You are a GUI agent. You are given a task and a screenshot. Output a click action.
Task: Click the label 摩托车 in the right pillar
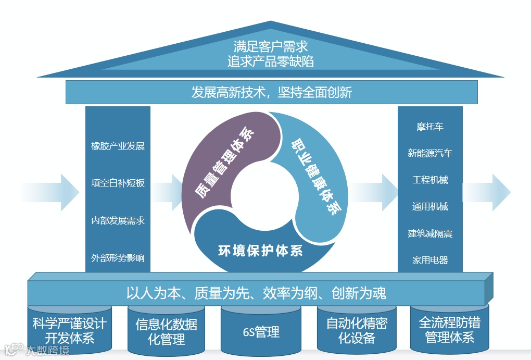tap(430, 127)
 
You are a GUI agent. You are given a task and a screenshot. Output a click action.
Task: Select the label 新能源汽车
tap(430, 153)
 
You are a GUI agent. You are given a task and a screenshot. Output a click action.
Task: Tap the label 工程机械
tap(430, 180)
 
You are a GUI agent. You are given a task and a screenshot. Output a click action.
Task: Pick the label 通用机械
tap(430, 206)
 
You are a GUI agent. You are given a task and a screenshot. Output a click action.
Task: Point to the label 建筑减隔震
tap(430, 233)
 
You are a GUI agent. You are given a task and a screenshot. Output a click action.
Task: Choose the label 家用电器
tap(430, 260)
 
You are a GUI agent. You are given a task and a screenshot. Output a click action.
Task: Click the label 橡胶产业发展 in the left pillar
tap(118, 146)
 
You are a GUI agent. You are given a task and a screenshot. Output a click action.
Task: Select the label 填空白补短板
tap(118, 183)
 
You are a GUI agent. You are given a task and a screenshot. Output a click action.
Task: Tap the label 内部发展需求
tap(118, 220)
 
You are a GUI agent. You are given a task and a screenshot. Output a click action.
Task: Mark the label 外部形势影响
tap(118, 258)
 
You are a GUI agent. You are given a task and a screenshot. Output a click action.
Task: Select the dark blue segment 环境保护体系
tap(260, 250)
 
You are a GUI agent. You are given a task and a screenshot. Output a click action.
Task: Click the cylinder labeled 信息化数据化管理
tap(167, 331)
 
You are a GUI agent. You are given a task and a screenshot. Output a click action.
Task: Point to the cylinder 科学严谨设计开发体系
tap(69, 330)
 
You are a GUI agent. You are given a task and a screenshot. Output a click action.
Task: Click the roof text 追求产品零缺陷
tap(271, 61)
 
